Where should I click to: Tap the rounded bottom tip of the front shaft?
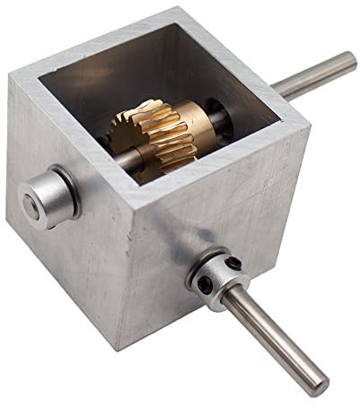tap(318, 386)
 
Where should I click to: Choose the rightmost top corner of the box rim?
tap(310, 124)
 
